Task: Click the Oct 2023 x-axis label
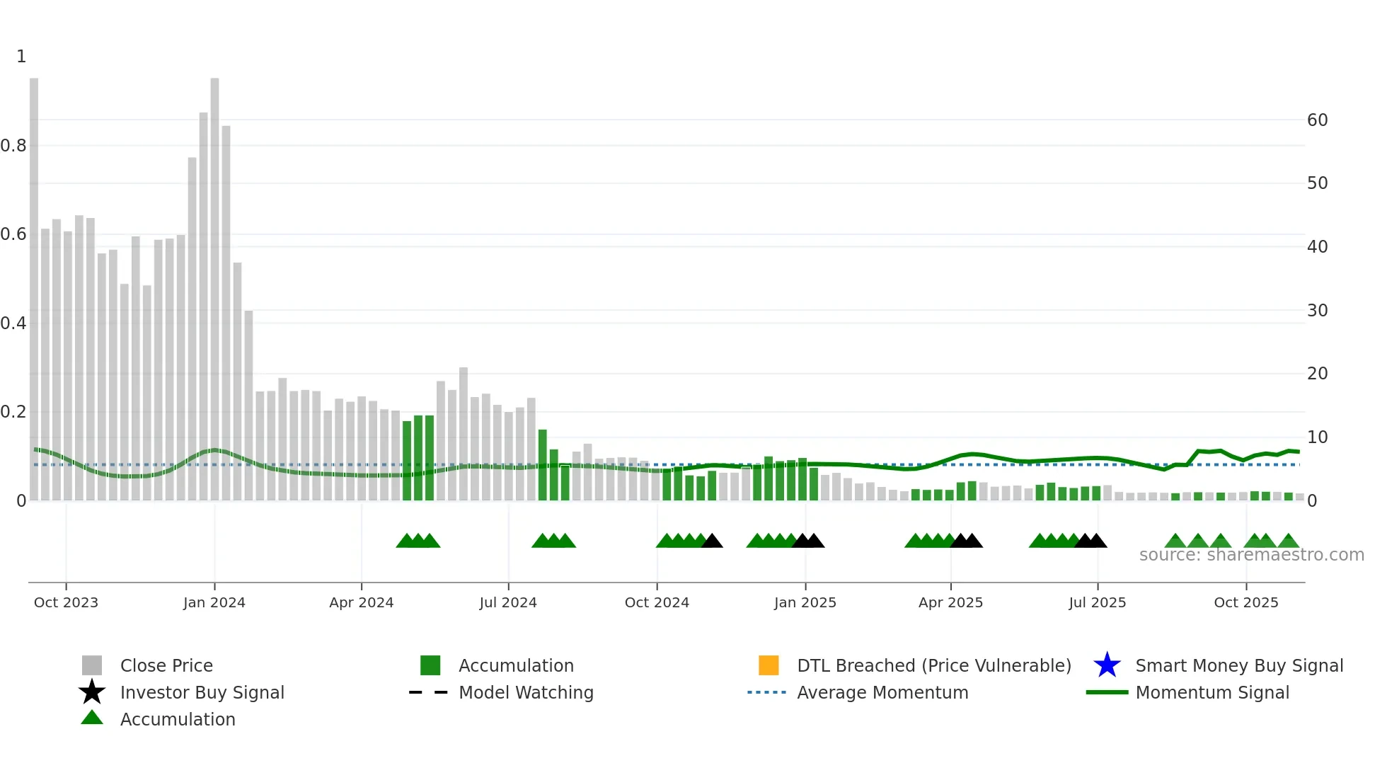click(66, 602)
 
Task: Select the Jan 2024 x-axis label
click(214, 602)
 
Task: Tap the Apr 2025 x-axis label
click(950, 602)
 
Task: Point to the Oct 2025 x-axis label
click(1245, 602)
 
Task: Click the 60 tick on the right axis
click(1317, 120)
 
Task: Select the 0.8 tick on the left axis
click(14, 146)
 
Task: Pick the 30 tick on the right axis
click(1317, 311)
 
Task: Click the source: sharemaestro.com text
click(1251, 555)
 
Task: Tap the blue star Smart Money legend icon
click(1107, 665)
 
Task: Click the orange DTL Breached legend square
click(769, 665)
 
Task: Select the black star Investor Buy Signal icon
click(92, 692)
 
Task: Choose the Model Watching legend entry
click(525, 692)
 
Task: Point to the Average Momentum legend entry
click(882, 692)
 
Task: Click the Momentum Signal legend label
click(1212, 692)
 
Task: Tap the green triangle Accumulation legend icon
click(92, 718)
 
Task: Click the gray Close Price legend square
click(92, 665)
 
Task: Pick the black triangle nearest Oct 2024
click(712, 541)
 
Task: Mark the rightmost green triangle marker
click(1289, 541)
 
